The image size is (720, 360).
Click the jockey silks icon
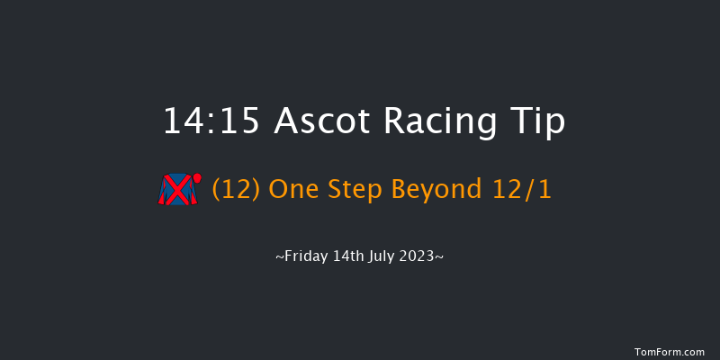[x=178, y=190]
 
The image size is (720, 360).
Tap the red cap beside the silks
[x=197, y=178]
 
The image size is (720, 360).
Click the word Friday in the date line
[x=305, y=256]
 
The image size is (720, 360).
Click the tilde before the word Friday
[x=280, y=257]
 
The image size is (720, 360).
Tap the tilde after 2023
[x=439, y=257]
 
